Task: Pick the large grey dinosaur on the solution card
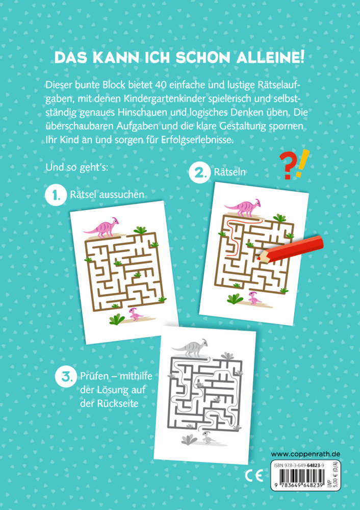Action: [x=190, y=347]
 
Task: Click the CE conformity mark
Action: [x=253, y=476]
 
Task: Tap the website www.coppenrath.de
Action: [x=305, y=454]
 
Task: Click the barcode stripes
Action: [x=299, y=477]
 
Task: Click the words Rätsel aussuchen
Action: [x=107, y=194]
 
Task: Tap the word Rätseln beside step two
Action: [x=229, y=172]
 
